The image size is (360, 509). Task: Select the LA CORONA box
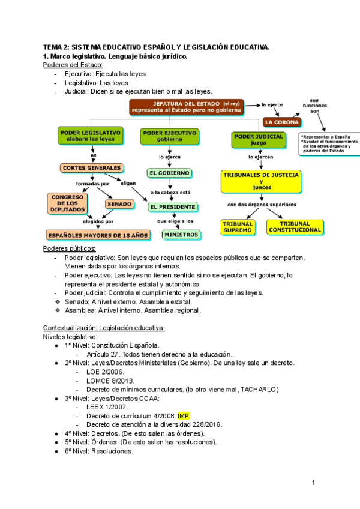[x=281, y=122]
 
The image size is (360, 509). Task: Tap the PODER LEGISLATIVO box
[x=91, y=135]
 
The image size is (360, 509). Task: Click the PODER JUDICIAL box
[x=258, y=140]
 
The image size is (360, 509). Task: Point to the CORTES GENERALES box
[x=92, y=168]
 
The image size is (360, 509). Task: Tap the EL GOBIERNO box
[x=170, y=173]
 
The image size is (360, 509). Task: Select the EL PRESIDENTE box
[x=173, y=207]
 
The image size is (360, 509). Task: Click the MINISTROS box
[x=181, y=235]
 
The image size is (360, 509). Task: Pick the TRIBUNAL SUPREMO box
[x=238, y=227]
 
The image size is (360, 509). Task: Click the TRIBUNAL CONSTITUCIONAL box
[x=295, y=227]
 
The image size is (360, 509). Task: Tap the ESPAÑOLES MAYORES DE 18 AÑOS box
[x=98, y=235]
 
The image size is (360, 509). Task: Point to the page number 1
[x=313, y=483]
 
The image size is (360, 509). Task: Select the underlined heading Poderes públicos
[x=70, y=248]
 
